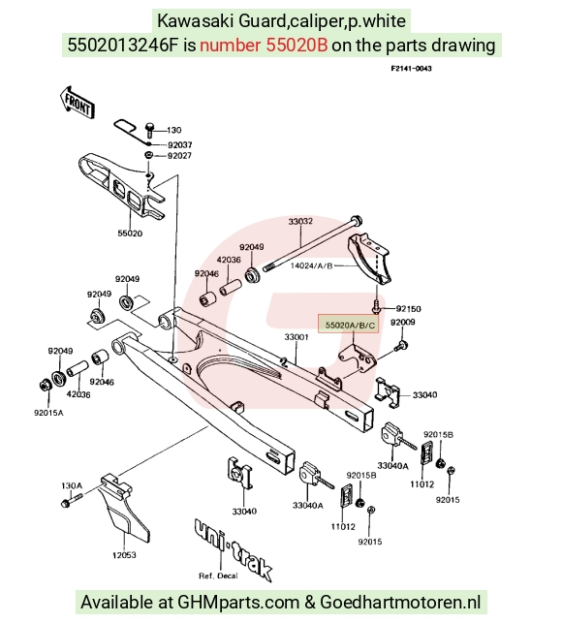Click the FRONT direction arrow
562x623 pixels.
[78, 102]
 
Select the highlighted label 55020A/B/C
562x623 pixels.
[350, 325]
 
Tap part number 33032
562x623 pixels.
[300, 221]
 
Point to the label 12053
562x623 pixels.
[124, 554]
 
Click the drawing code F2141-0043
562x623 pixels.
[412, 69]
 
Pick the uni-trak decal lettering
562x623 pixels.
[234, 549]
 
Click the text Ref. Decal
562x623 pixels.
[218, 576]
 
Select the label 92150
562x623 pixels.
[409, 309]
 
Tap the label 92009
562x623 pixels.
[403, 323]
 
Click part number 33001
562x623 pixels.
[297, 337]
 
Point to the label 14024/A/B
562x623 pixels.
[311, 265]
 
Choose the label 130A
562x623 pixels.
[72, 485]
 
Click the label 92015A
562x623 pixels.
[48, 413]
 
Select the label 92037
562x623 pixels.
[179, 145]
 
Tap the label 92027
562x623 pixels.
[179, 156]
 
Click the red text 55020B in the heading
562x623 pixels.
[297, 45]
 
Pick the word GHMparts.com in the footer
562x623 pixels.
[238, 602]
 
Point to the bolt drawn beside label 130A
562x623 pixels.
[72, 500]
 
